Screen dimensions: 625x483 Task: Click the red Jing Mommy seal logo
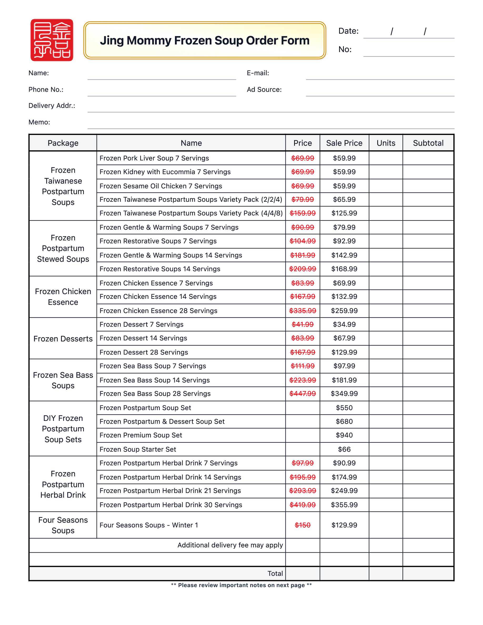[52, 40]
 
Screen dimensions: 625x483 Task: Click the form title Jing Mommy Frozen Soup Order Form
[205, 40]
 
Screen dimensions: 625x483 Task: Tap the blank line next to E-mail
[380, 74]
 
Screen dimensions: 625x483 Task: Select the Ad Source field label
[264, 90]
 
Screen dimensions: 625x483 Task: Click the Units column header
[386, 143]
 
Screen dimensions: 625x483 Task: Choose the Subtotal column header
[428, 143]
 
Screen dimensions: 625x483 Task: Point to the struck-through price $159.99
[303, 213]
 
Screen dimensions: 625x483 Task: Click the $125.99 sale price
[344, 213]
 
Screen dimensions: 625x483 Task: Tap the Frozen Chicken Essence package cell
[63, 297]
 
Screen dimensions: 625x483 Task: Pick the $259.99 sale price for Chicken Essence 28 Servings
[344, 311]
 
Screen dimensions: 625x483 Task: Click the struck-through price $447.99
[303, 394]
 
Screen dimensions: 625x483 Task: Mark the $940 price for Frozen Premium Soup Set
[344, 435]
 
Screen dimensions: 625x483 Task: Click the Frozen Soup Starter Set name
[138, 449]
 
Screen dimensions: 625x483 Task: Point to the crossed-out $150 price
[303, 525]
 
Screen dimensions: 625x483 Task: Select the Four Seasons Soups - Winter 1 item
[149, 525]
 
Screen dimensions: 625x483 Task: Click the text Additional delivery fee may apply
[230, 545]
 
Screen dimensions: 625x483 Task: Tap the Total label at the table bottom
[275, 573]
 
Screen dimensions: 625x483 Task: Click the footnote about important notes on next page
[241, 585]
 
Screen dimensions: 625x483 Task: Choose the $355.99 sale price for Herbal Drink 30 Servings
[344, 505]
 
